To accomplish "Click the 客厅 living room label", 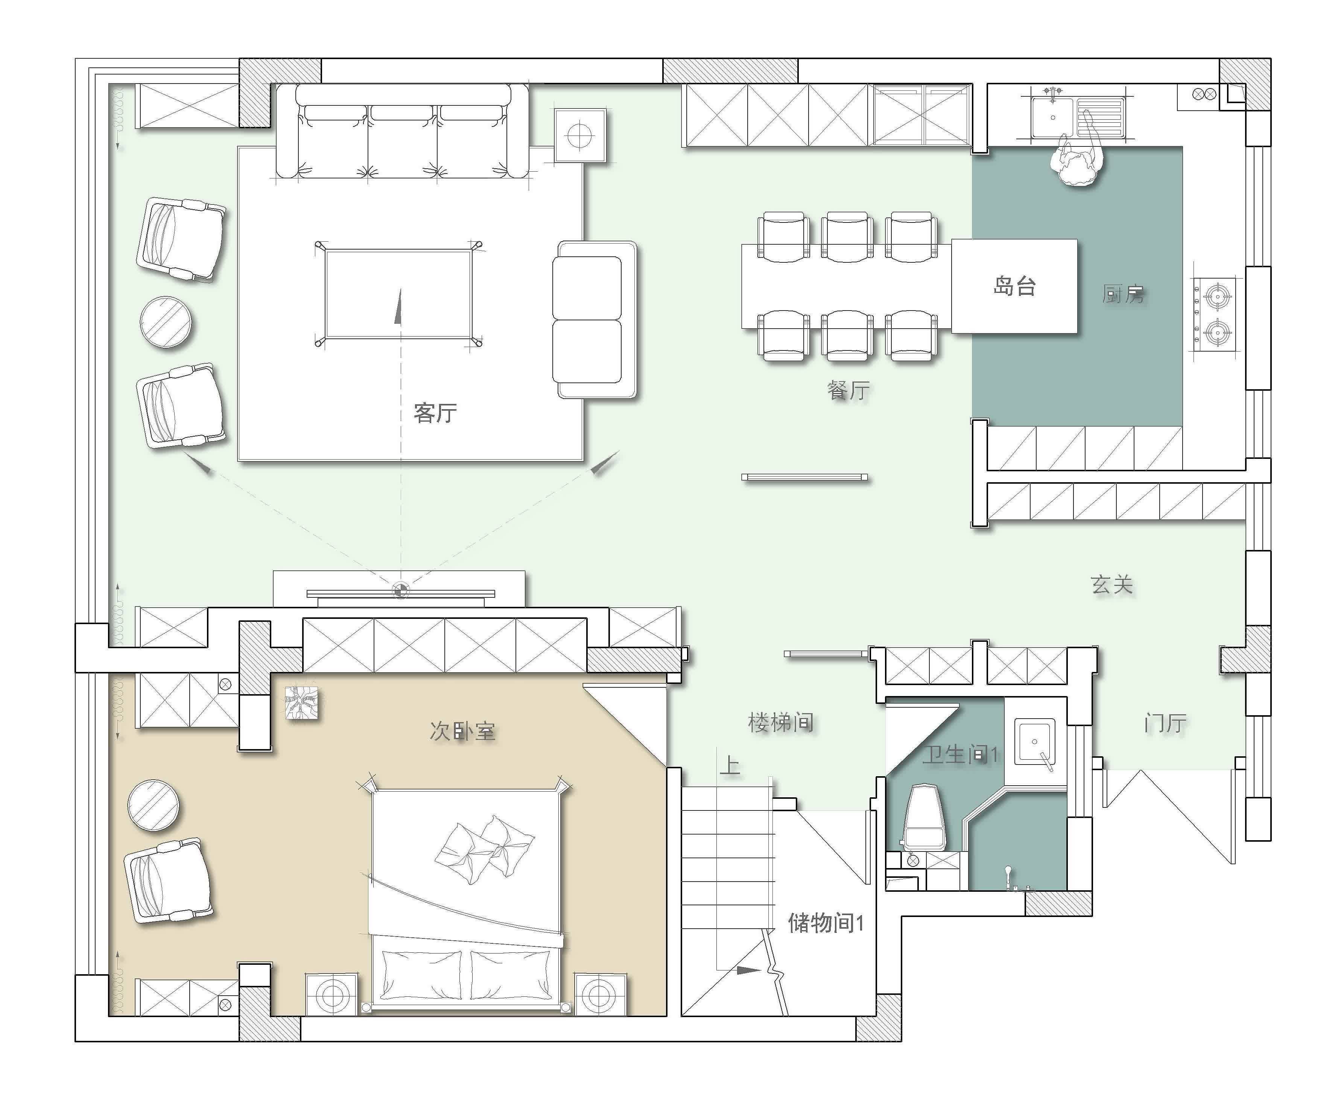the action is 435,413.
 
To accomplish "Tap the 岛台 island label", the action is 1014,286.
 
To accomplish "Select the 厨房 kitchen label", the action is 1123,294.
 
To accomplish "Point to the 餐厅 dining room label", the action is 848,390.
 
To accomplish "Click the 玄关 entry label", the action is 1112,585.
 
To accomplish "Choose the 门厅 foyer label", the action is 1165,723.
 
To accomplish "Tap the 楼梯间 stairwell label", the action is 780,722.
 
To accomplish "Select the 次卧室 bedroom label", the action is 462,731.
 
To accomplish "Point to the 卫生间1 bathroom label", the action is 960,755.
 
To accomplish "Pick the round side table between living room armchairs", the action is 166,323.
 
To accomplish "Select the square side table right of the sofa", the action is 580,135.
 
